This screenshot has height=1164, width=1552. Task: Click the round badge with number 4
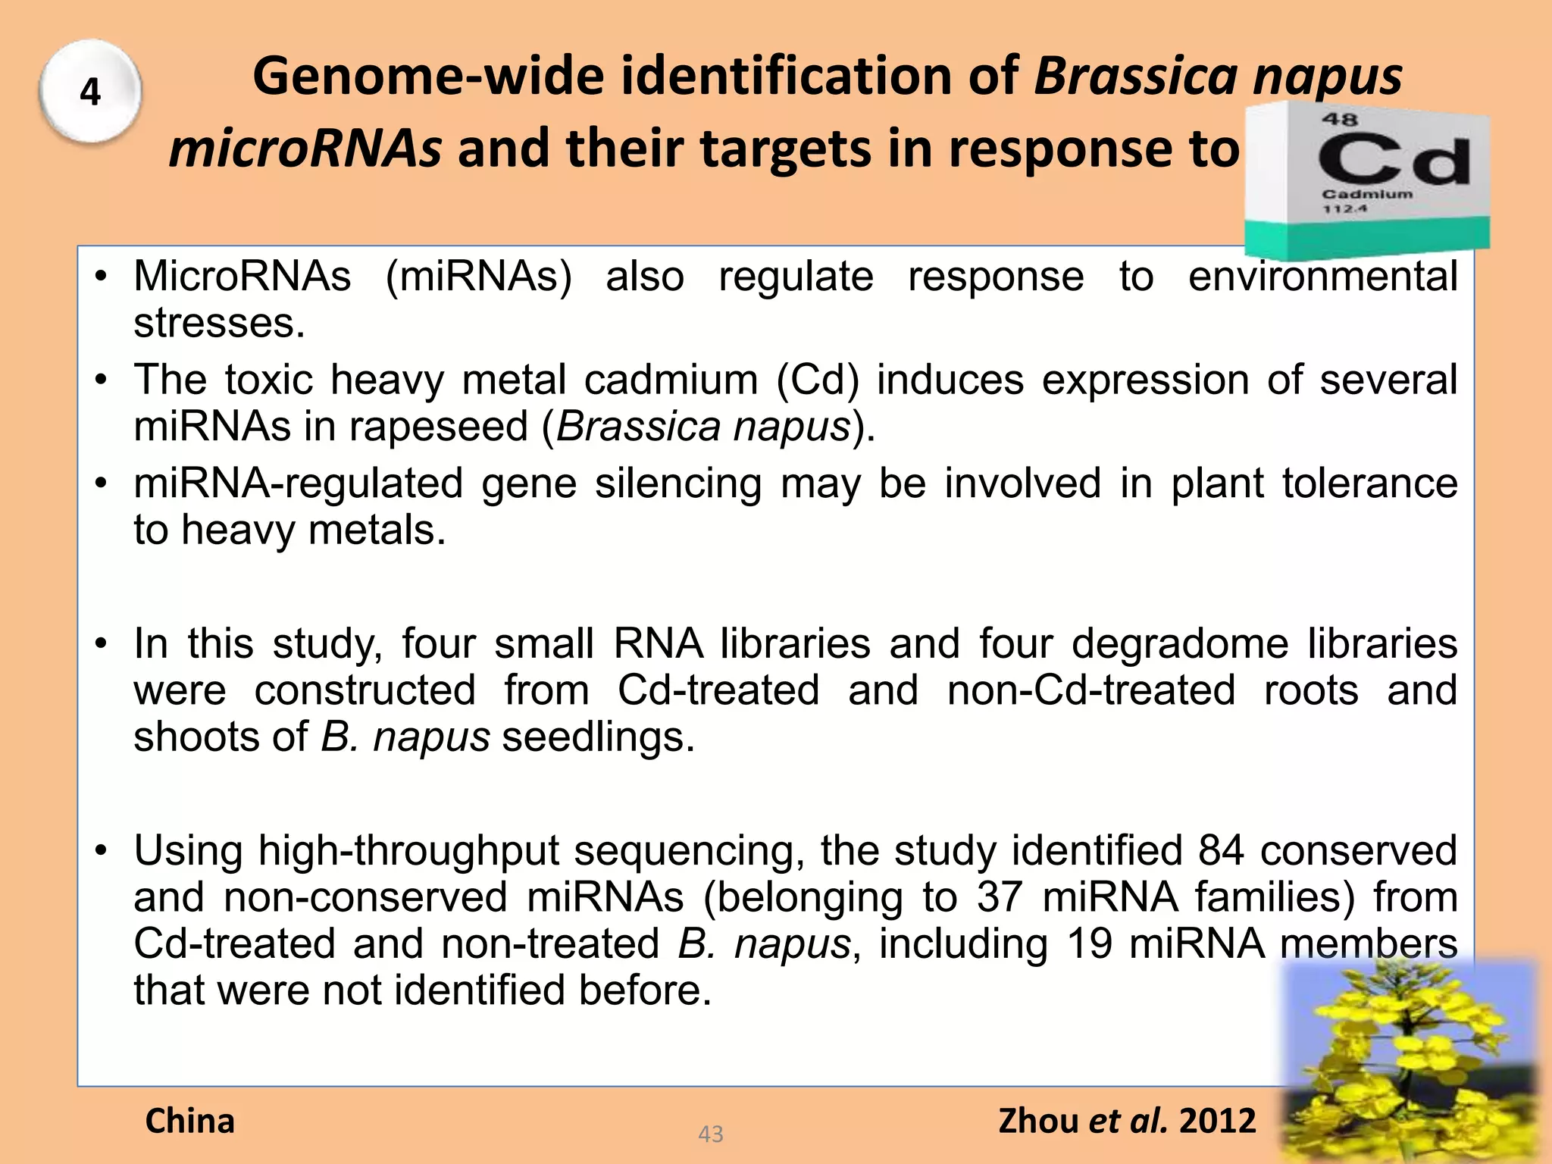90,92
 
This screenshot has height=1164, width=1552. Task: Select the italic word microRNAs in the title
305,149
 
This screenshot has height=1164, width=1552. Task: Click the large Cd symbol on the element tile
1393,159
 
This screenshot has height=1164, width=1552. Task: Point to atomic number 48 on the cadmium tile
1340,119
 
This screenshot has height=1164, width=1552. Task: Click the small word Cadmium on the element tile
1367,194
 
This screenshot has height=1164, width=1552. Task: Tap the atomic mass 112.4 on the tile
1345,208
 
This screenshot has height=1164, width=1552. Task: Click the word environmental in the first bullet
1322,277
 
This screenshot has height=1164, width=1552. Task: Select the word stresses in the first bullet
219,324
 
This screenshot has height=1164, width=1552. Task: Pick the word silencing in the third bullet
677,483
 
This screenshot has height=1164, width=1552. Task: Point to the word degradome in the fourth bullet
1179,644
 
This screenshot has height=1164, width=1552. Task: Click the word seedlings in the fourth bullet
598,737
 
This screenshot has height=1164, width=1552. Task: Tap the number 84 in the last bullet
1220,851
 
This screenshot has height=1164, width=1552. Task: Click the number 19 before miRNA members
1089,944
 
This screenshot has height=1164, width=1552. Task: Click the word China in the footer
190,1121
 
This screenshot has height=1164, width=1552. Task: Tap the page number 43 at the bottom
710,1134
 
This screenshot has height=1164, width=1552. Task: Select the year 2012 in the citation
1218,1121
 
